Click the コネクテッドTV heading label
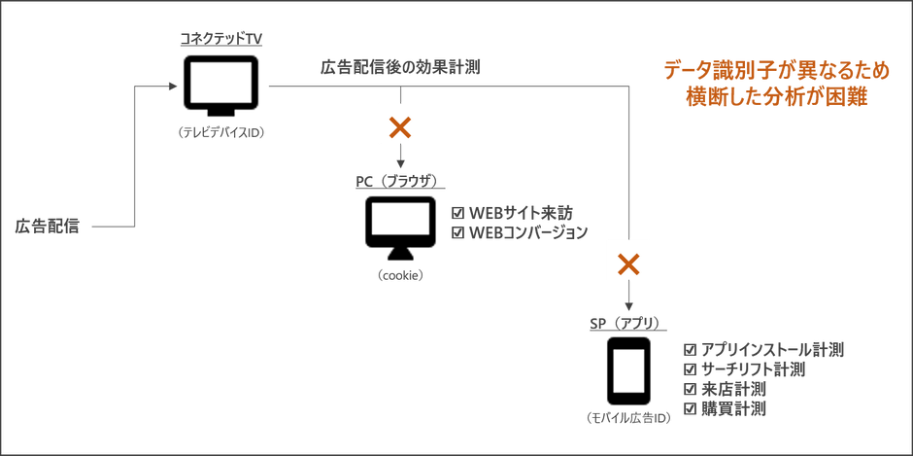point(220,40)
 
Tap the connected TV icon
point(220,86)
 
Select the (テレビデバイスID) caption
point(221,133)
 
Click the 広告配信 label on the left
point(47,226)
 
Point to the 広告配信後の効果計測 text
point(400,68)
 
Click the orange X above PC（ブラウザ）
point(400,127)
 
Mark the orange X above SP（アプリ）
point(628,265)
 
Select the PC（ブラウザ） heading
point(399,181)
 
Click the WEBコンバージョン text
point(528,232)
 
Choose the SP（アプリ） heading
point(628,323)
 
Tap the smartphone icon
point(628,370)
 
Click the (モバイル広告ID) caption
point(628,418)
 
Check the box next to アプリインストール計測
point(690,350)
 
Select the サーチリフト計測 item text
point(754,369)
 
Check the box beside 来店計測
point(690,389)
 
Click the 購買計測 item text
point(733,408)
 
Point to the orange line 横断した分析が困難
point(778,97)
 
